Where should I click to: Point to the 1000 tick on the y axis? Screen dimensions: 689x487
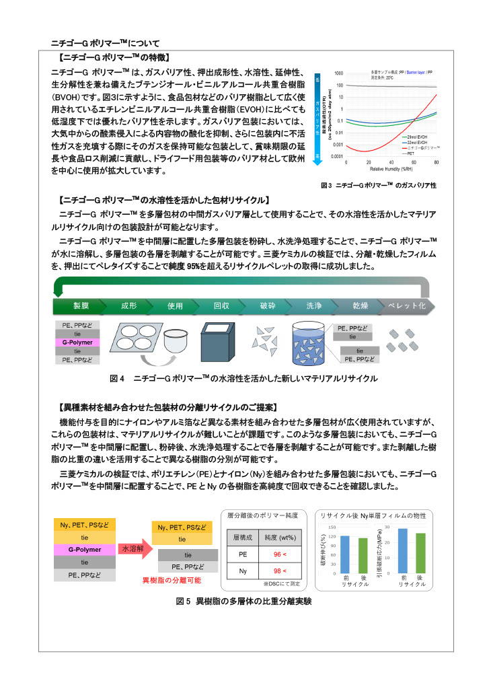click(339, 73)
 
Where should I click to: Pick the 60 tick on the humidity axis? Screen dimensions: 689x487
click(414, 162)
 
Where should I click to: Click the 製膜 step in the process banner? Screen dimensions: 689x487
click(81, 305)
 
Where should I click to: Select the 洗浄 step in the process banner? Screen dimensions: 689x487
click(313, 305)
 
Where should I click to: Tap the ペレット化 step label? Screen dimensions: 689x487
click(407, 305)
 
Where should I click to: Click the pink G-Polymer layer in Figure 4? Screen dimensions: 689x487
click(77, 342)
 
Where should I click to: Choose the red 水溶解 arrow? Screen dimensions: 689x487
click(134, 549)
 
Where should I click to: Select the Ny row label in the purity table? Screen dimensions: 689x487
click(243, 571)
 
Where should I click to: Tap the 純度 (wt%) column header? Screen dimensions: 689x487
click(280, 538)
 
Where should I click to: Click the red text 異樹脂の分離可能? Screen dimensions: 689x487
click(171, 579)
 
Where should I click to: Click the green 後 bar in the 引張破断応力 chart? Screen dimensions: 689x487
click(420, 552)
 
